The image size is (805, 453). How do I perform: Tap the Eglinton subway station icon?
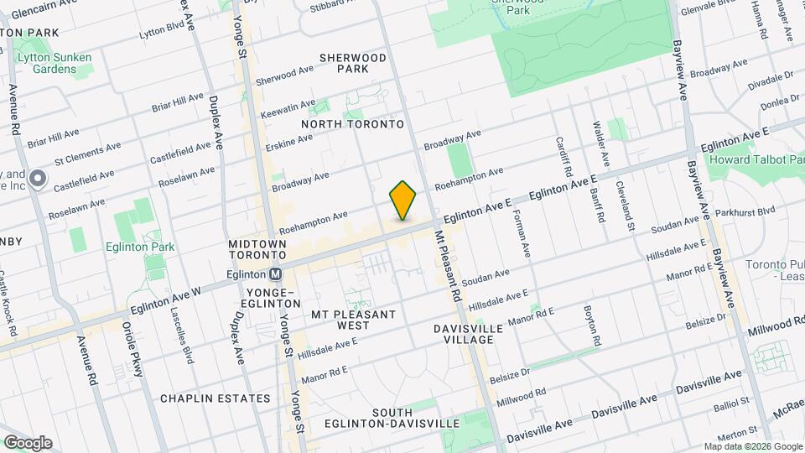tap(274, 273)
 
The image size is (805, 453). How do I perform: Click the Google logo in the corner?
tap(27, 442)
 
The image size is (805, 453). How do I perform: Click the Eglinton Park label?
tap(140, 247)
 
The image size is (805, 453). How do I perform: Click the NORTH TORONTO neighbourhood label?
tap(352, 124)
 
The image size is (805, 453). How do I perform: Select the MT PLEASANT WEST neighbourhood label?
tap(352, 320)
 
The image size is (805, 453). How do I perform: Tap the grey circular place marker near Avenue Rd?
tap(37, 178)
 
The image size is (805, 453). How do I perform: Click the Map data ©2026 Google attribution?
tap(751, 446)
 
